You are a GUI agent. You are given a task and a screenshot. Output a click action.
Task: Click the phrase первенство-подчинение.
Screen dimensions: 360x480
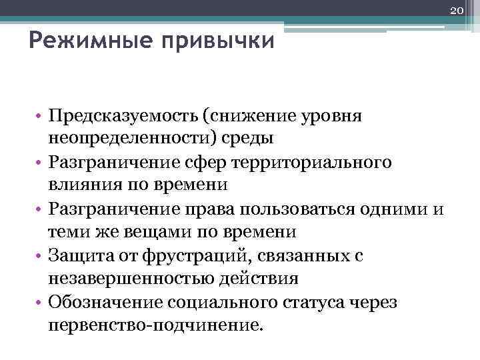click(156, 325)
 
